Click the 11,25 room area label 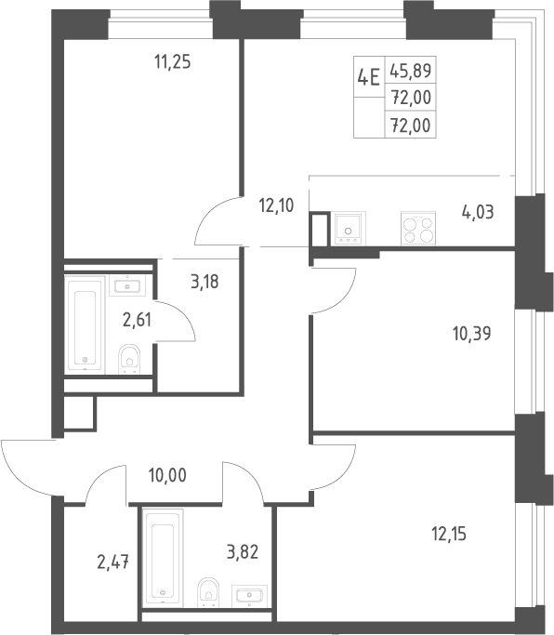coord(173,62)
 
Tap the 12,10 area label coord(276,205)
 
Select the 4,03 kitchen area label coord(478,212)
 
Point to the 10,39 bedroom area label coord(472,334)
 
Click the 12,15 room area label coord(449,535)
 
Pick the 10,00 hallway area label coord(167,475)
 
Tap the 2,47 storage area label coord(113,562)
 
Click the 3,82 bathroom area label coord(243,552)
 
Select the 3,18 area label coord(204,282)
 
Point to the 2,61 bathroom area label coord(137,320)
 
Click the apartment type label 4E coord(368,77)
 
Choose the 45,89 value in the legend coord(411,71)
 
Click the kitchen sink coord(349,229)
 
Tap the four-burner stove coord(418,229)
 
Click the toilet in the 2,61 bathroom coord(129,359)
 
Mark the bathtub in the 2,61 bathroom coord(85,324)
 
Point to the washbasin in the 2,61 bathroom coord(127,285)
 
